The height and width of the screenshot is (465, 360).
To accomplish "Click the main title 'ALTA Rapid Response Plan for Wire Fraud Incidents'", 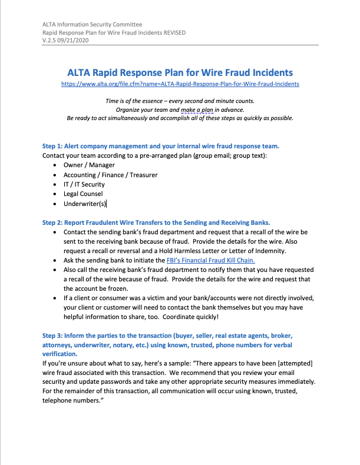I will pyautogui.click(x=180, y=72).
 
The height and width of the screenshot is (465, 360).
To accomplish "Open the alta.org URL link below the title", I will pyautogui.click(x=180, y=84).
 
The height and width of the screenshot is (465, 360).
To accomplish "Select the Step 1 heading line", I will pyautogui.click(x=160, y=146).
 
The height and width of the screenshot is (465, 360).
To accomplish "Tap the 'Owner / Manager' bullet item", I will pyautogui.click(x=89, y=165).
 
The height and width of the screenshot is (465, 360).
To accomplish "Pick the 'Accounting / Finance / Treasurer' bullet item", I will pyautogui.click(x=110, y=175).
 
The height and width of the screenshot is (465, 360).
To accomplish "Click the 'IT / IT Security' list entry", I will pyautogui.click(x=84, y=184).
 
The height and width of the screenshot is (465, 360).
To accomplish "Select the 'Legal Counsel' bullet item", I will pyautogui.click(x=83, y=194).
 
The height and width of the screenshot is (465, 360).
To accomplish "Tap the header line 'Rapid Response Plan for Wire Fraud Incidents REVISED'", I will pyautogui.click(x=114, y=32).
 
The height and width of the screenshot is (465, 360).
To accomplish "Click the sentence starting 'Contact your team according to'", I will pyautogui.click(x=154, y=155).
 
